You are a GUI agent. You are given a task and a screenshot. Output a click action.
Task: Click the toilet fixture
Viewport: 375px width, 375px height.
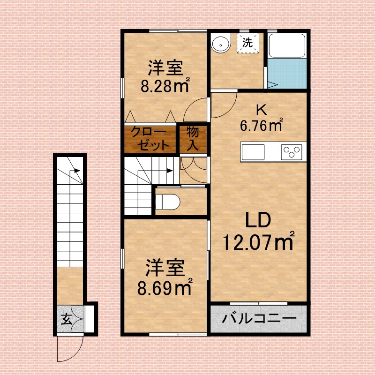pyautogui.click(x=167, y=202)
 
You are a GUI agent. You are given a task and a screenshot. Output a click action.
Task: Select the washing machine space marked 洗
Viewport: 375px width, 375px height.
pyautogui.click(x=248, y=43)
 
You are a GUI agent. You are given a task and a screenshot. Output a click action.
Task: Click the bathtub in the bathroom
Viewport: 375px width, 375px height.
pyautogui.click(x=287, y=45)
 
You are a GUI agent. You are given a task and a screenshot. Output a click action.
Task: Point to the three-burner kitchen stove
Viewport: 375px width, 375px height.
pyautogui.click(x=291, y=152)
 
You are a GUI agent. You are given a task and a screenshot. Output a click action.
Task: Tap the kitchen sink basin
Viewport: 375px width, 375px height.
pyautogui.click(x=253, y=152)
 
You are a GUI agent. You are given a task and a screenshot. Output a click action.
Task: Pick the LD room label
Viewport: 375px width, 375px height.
pyautogui.click(x=258, y=220)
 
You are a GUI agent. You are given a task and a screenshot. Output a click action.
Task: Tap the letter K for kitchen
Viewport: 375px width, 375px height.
pyautogui.click(x=261, y=110)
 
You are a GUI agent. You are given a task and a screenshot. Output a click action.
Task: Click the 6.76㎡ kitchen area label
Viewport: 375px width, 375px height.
pyautogui.click(x=262, y=124)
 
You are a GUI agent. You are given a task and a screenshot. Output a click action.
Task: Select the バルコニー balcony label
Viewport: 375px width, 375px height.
pyautogui.click(x=259, y=319)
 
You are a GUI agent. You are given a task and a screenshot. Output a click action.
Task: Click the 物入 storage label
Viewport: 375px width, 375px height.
pyautogui.click(x=193, y=138)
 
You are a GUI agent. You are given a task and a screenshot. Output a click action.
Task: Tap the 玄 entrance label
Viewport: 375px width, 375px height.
pyautogui.click(x=67, y=319)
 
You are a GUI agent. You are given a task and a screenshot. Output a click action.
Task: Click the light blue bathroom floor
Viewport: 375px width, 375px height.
pyautogui.click(x=287, y=74)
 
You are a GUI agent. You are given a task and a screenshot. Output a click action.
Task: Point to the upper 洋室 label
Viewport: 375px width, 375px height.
pyautogui.click(x=165, y=68)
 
